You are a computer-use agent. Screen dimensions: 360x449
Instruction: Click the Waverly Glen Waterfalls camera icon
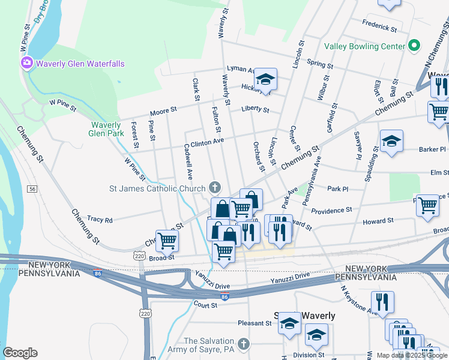pos(27,63)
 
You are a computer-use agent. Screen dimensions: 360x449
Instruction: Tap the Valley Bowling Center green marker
pos(414,46)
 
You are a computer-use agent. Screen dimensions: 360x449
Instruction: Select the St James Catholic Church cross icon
pos(214,188)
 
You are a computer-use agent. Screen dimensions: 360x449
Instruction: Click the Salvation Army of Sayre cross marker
pos(243,344)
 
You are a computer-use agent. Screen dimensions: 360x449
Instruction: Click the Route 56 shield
pos(32,189)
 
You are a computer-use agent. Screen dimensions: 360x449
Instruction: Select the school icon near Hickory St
pos(265,79)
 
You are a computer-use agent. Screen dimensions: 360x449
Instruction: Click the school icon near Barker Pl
pos(391,142)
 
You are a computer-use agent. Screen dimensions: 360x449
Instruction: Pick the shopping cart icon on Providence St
pos(427,205)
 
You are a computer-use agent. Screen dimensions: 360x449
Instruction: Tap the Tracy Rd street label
pos(100,220)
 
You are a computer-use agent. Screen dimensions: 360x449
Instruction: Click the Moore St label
pos(163,111)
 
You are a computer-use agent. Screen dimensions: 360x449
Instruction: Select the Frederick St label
pos(379,26)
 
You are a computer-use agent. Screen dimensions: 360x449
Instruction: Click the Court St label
pos(205,305)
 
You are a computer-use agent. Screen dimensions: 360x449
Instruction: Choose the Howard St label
pos(378,221)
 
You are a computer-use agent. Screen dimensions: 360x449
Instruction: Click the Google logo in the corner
pos(20,353)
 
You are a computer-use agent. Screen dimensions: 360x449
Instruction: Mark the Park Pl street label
pos(338,189)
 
